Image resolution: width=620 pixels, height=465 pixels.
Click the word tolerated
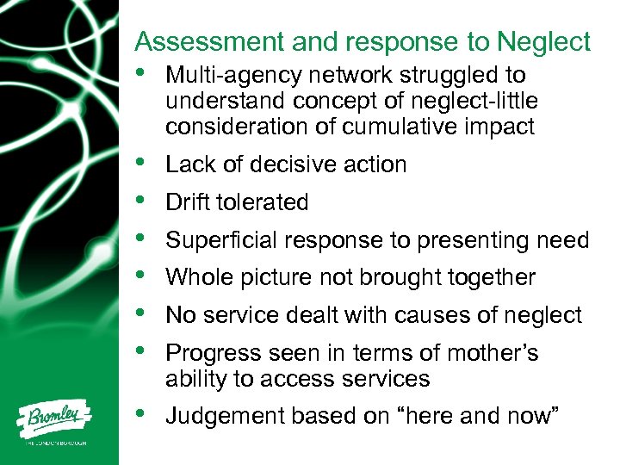[x=268, y=202]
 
